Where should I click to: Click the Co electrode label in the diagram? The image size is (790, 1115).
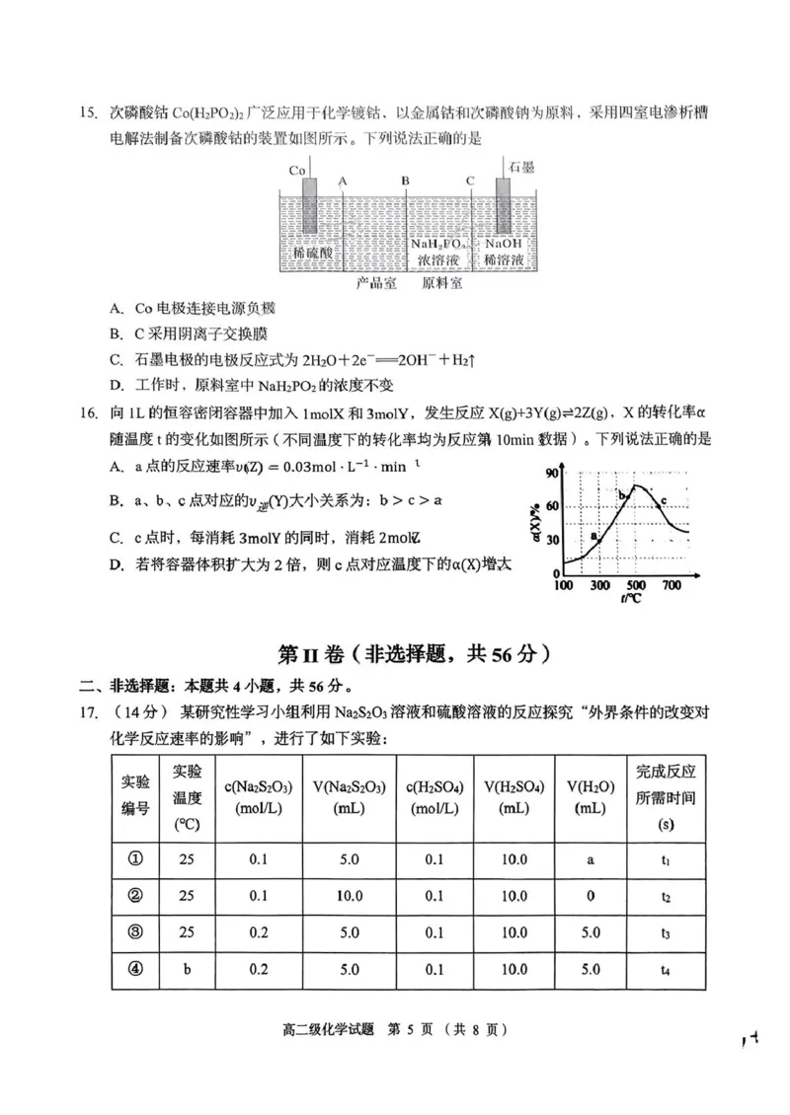pos(296,170)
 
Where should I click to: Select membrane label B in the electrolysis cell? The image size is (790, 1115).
pos(405,181)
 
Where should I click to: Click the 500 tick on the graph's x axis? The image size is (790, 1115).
pos(635,586)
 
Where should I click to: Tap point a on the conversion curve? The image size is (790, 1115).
pos(596,539)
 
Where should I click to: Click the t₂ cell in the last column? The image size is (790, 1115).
pos(667,896)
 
